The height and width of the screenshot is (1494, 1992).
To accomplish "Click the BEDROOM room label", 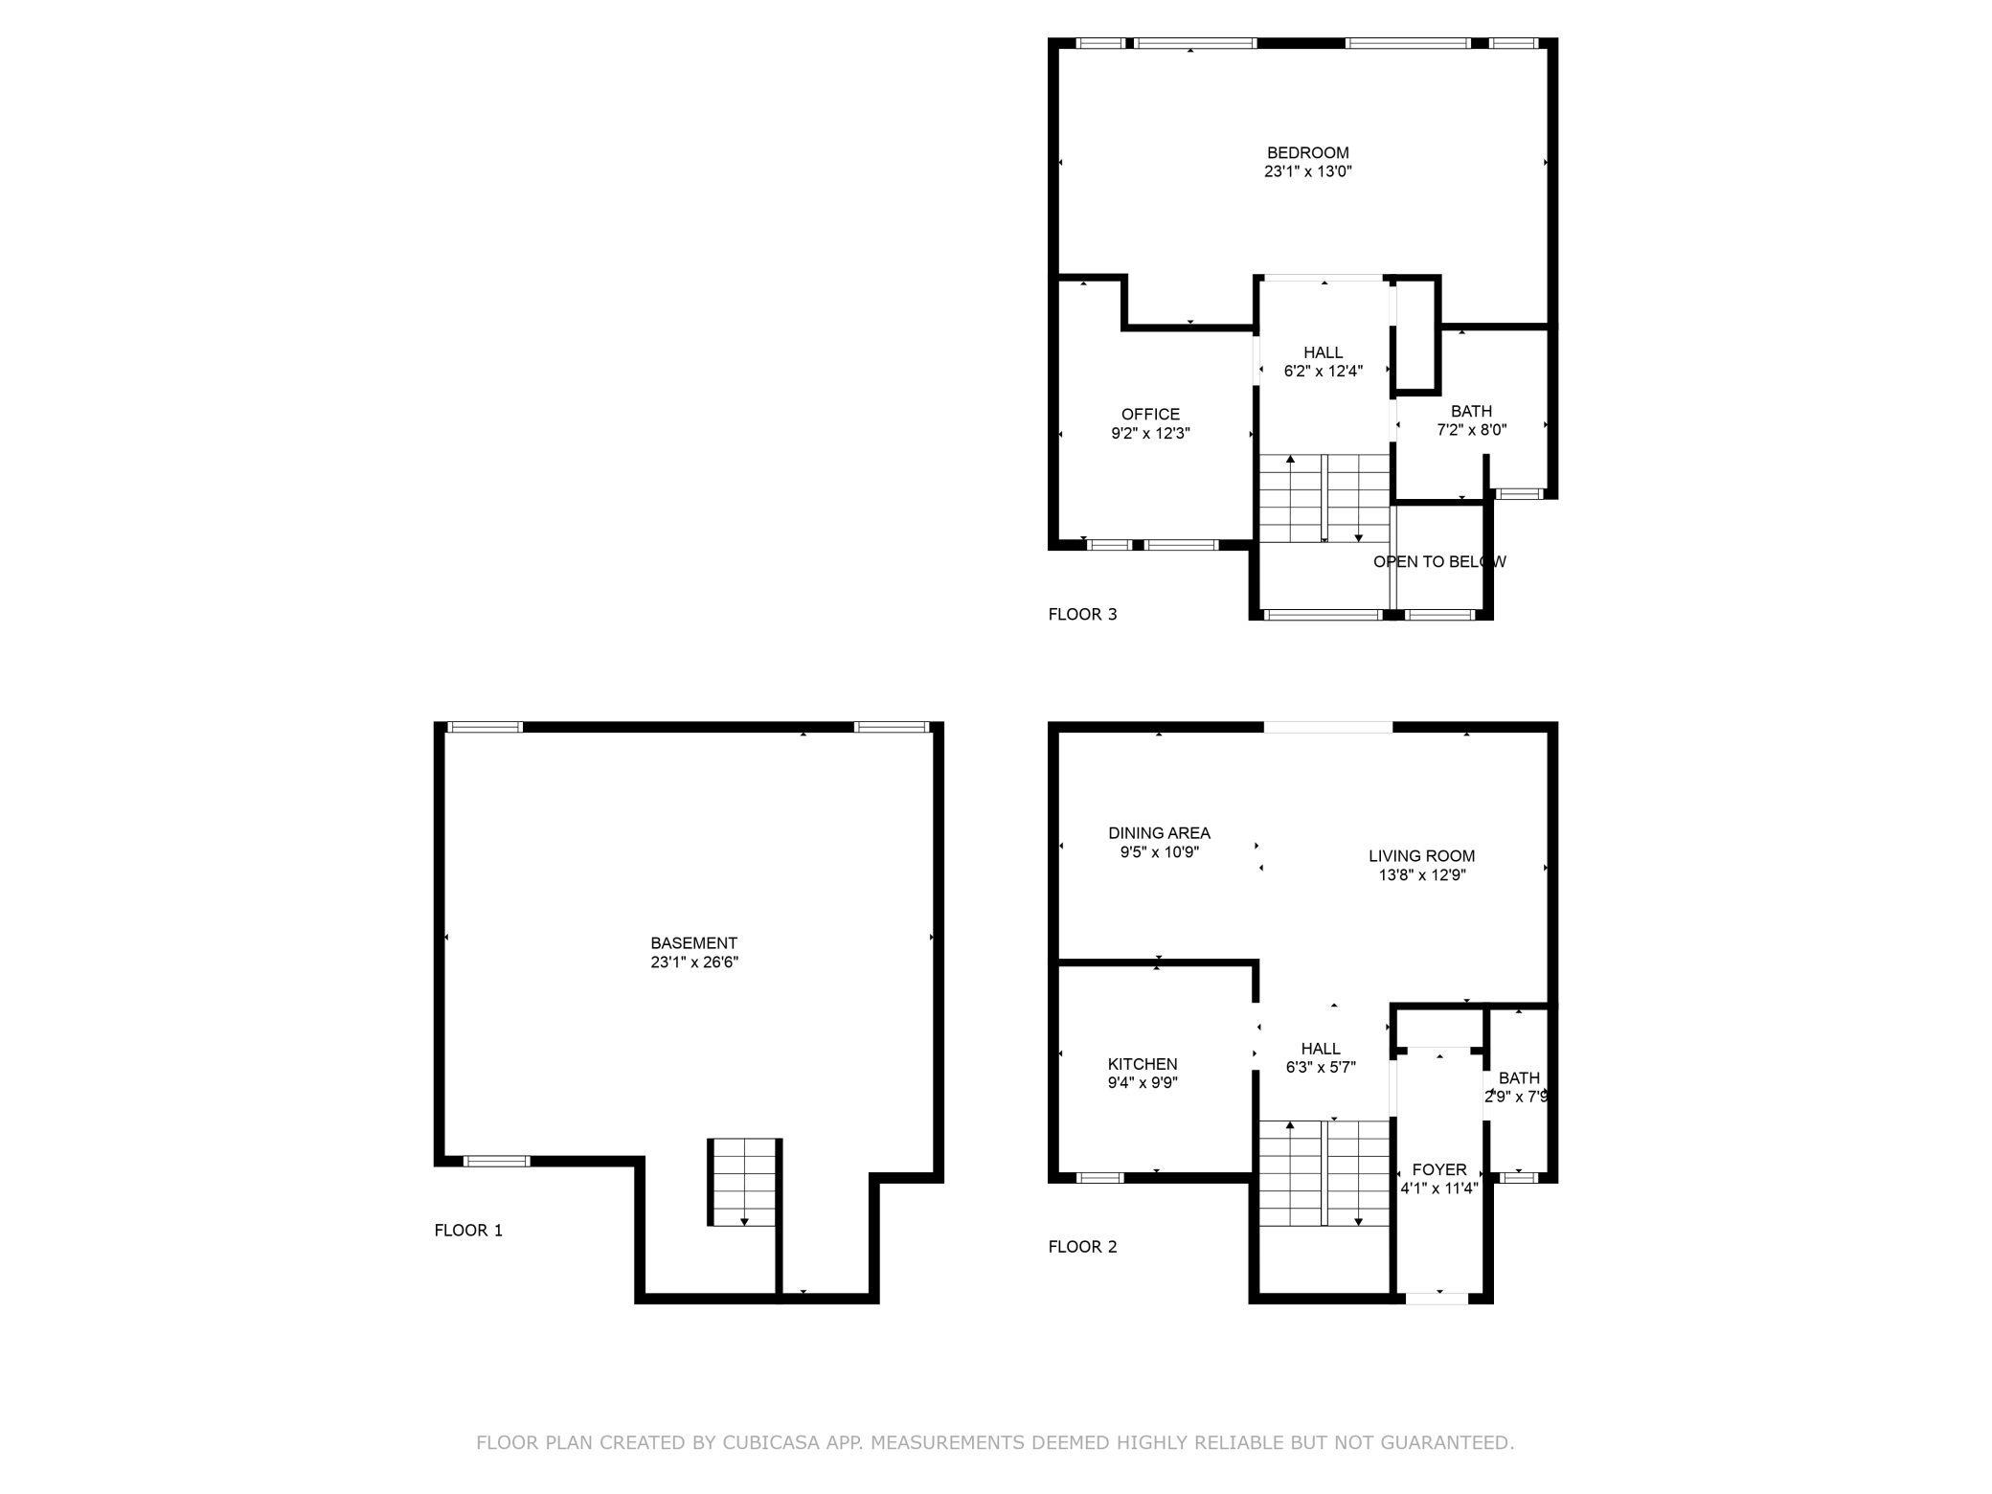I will click(1307, 153).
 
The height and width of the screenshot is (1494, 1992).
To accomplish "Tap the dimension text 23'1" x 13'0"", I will click(1307, 172).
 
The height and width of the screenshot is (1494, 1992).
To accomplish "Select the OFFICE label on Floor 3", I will click(1150, 415).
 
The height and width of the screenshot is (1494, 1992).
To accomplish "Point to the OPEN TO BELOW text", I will click(1439, 562).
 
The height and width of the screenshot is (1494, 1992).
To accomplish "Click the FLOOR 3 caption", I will click(1082, 615).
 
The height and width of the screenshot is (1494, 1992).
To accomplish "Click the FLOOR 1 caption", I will click(468, 1231).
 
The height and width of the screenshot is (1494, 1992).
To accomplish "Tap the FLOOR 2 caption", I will click(1082, 1247).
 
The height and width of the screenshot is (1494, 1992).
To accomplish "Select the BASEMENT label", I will click(693, 943).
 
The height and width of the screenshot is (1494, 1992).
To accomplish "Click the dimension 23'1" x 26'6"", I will click(693, 962).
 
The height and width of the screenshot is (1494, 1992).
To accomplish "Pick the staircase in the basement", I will click(743, 1183).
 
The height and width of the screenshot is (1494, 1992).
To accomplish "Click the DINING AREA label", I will click(1159, 833).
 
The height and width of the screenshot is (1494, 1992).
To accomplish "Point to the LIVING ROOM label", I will click(1421, 856).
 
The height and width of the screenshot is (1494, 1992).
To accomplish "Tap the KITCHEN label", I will click(1143, 1064).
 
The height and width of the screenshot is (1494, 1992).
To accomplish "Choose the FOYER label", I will click(1439, 1169).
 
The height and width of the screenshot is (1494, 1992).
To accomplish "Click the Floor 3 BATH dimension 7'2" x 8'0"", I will click(1471, 431).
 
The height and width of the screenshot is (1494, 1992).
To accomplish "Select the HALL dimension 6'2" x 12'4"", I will click(1323, 372).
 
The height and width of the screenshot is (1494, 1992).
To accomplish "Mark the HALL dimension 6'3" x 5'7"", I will click(1321, 1068).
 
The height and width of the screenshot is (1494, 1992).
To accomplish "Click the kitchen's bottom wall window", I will click(1099, 1178).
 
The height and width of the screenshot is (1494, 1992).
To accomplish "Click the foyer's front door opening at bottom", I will click(1437, 1299).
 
